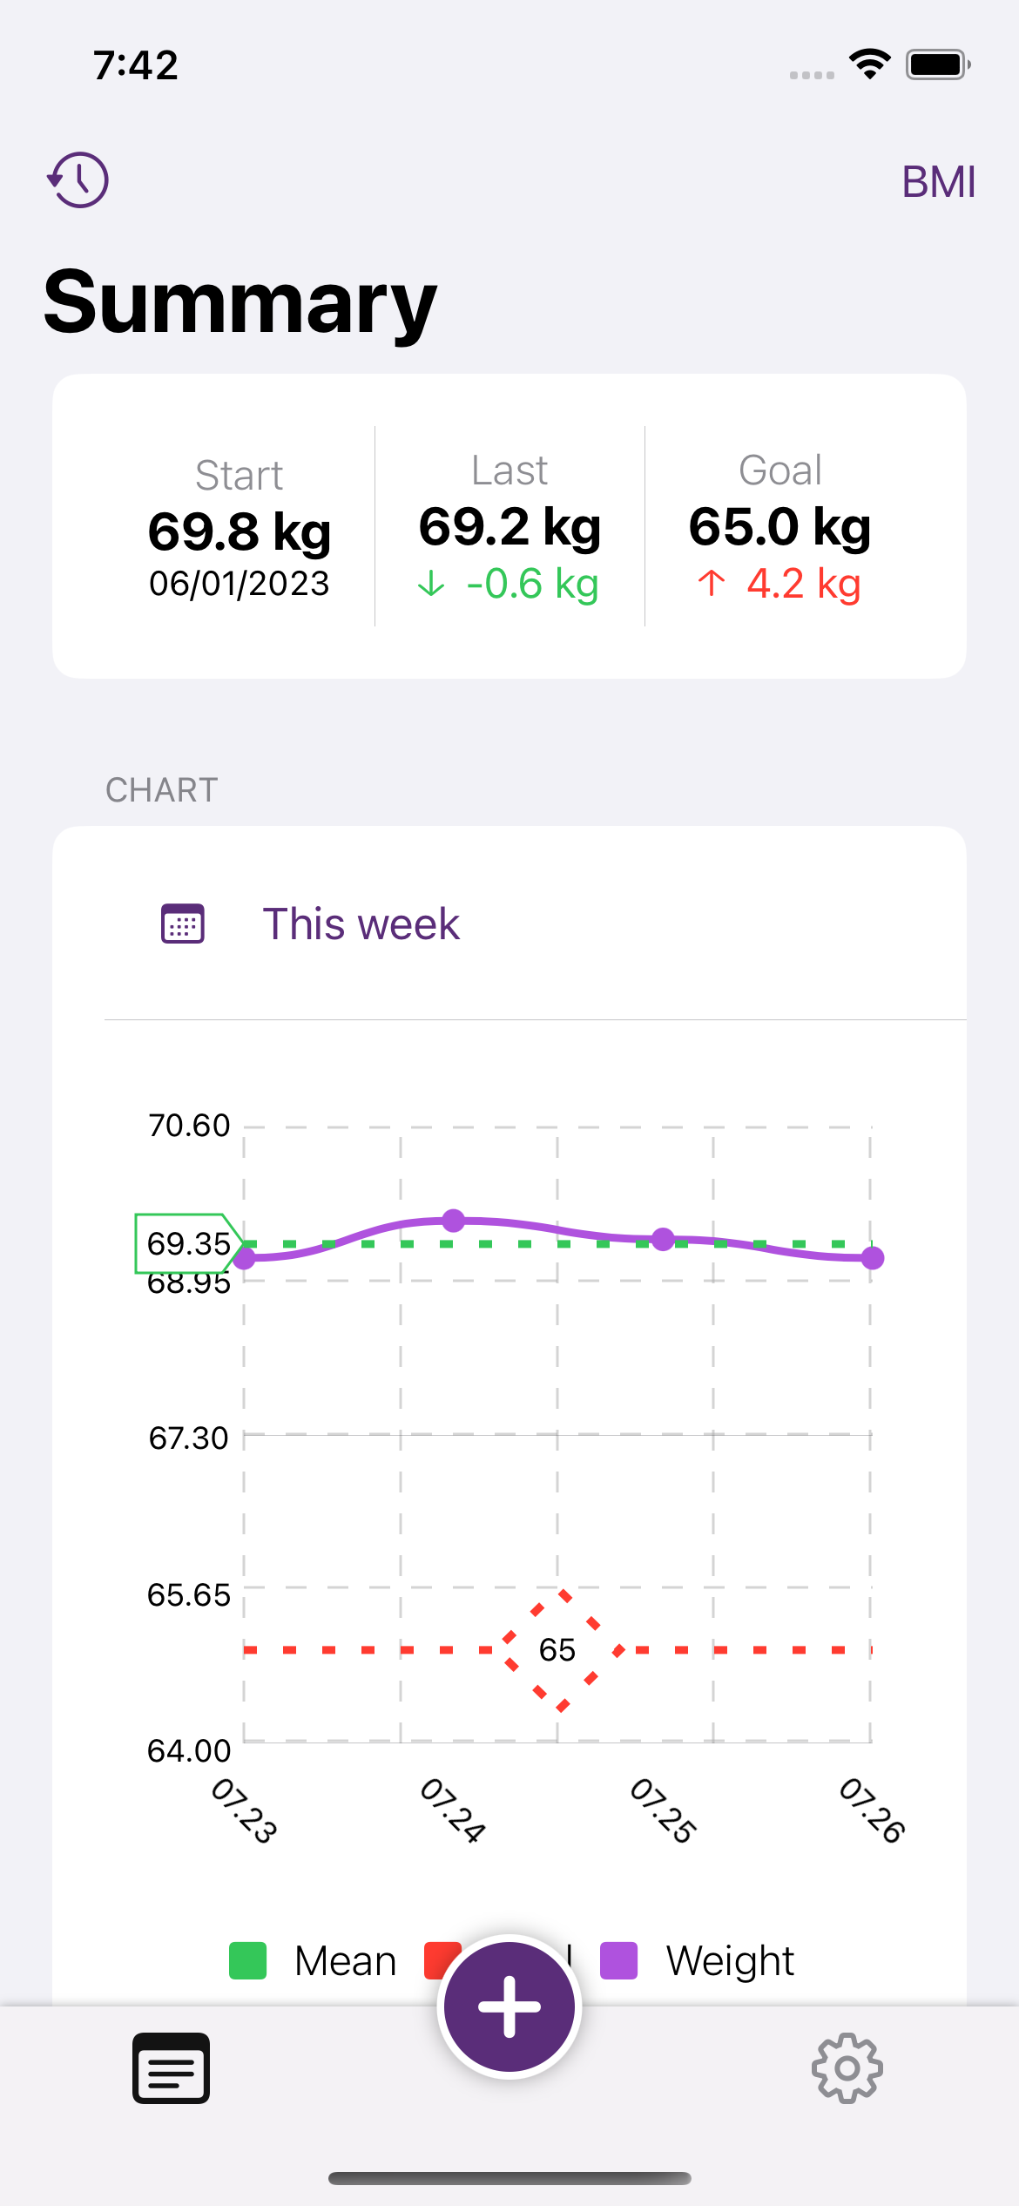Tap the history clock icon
78,180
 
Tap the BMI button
938,182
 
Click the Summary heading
240,302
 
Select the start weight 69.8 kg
240,531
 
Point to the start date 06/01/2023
240,584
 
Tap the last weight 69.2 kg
509,526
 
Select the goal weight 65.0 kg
779,526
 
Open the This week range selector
361,924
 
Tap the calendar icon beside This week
183,924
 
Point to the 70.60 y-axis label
189,1126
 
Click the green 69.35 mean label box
187,1243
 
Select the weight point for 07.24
453,1221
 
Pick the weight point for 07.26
872,1258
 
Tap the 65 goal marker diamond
558,1649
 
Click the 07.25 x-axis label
663,1810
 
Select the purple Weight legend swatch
619,1961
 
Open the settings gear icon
847,2068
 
